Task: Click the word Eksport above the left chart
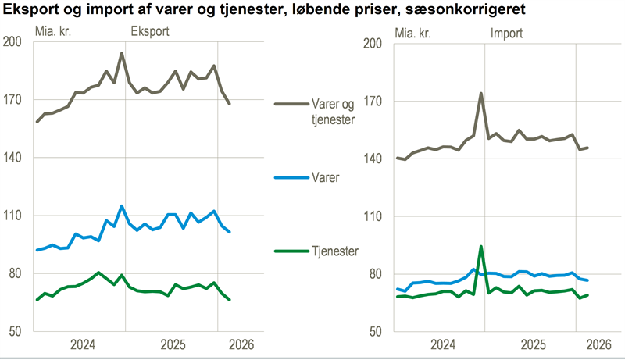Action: coord(149,32)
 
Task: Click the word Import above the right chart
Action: coord(506,33)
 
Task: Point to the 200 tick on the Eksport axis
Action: coord(13,42)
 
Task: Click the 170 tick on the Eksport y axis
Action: coord(13,100)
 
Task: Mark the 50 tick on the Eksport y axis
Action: coord(16,330)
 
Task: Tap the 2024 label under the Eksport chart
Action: coord(82,344)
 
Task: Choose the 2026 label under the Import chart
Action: coord(598,344)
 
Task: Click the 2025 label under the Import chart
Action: coord(533,344)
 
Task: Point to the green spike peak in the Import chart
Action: coord(481,247)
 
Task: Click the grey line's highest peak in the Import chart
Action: coord(481,94)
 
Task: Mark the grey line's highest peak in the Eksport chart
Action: coord(122,54)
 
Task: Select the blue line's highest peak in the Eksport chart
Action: coord(122,206)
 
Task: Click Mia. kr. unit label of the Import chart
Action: coord(415,33)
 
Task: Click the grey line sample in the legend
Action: coord(291,103)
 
